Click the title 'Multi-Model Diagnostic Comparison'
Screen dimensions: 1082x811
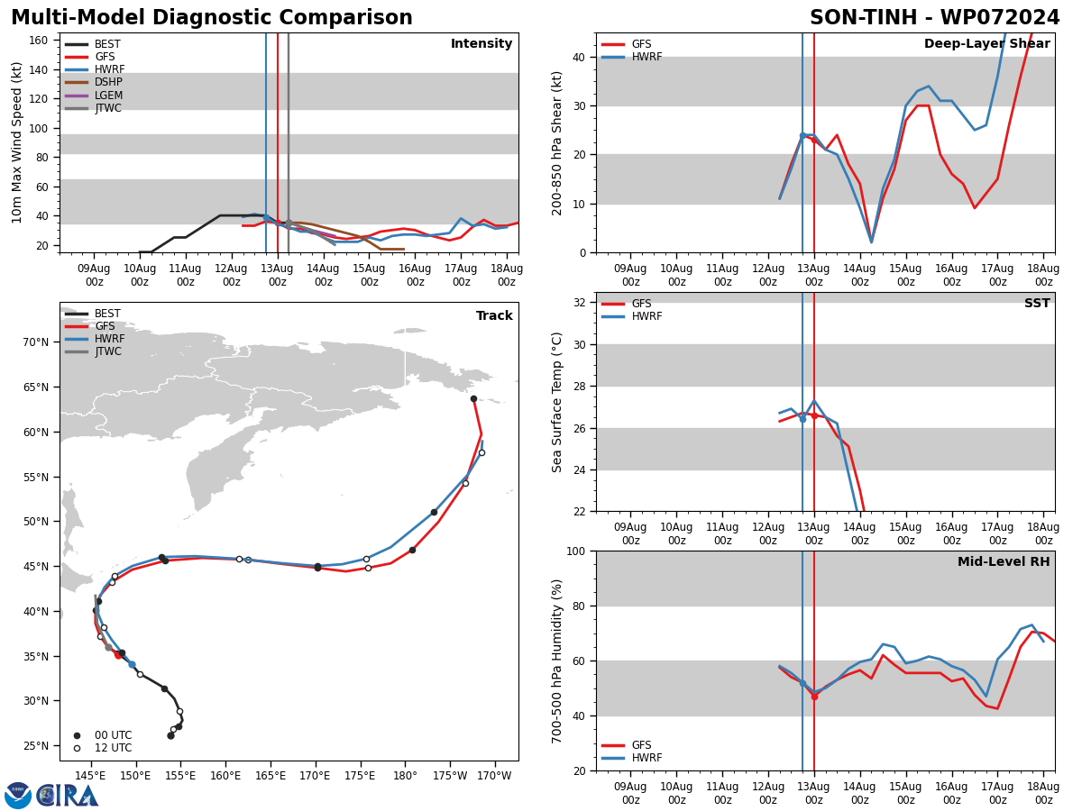coord(212,17)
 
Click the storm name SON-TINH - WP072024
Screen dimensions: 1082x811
coord(935,17)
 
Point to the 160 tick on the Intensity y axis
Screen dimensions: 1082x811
coord(39,41)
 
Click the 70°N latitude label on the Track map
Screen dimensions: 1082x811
coord(36,342)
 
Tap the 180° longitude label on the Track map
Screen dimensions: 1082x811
coord(405,776)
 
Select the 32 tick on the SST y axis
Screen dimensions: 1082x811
coord(580,303)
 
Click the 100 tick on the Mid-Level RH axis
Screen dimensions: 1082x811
coord(576,551)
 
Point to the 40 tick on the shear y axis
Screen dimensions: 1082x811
coord(580,57)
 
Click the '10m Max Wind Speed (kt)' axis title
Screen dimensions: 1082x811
coord(17,142)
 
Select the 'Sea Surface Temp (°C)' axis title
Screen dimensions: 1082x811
coord(556,402)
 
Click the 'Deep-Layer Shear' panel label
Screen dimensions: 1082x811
coord(986,43)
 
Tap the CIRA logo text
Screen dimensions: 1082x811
coord(67,796)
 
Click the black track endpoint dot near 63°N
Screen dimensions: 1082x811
coord(473,399)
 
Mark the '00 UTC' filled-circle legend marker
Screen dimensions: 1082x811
coord(77,735)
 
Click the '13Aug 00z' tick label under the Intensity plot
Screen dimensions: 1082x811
coord(277,275)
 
